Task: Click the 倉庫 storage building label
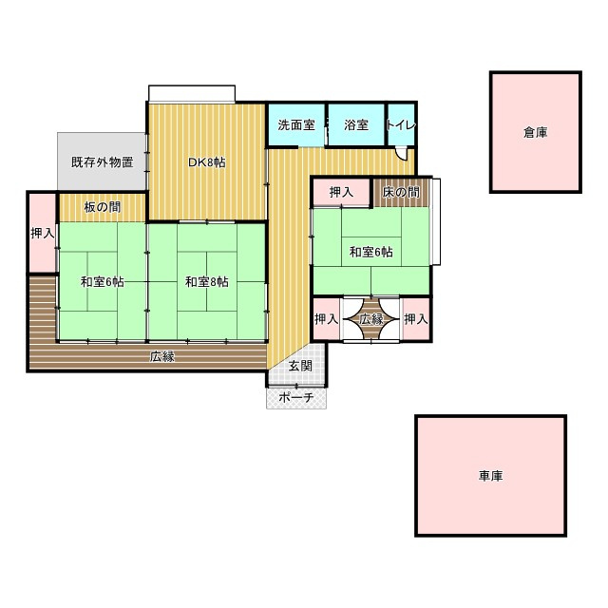[x=535, y=133]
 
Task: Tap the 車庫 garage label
[x=490, y=476]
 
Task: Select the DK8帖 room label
[x=207, y=162]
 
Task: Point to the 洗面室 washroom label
[x=296, y=124]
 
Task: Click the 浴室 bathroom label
[x=356, y=124]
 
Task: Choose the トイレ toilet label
[x=401, y=124]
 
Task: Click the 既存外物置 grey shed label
[x=103, y=161]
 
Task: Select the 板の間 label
[x=103, y=207]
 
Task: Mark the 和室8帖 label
[x=207, y=282]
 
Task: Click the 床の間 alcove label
[x=401, y=192]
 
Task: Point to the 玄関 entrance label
[x=300, y=366]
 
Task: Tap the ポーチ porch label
[x=296, y=397]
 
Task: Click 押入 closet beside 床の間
[x=341, y=192]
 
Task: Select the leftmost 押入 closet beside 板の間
[x=43, y=233]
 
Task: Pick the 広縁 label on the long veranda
[x=162, y=356]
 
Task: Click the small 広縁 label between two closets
[x=371, y=319]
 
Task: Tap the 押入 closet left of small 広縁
[x=327, y=319]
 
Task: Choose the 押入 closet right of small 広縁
[x=416, y=319]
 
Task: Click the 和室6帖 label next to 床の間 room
[x=371, y=252]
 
